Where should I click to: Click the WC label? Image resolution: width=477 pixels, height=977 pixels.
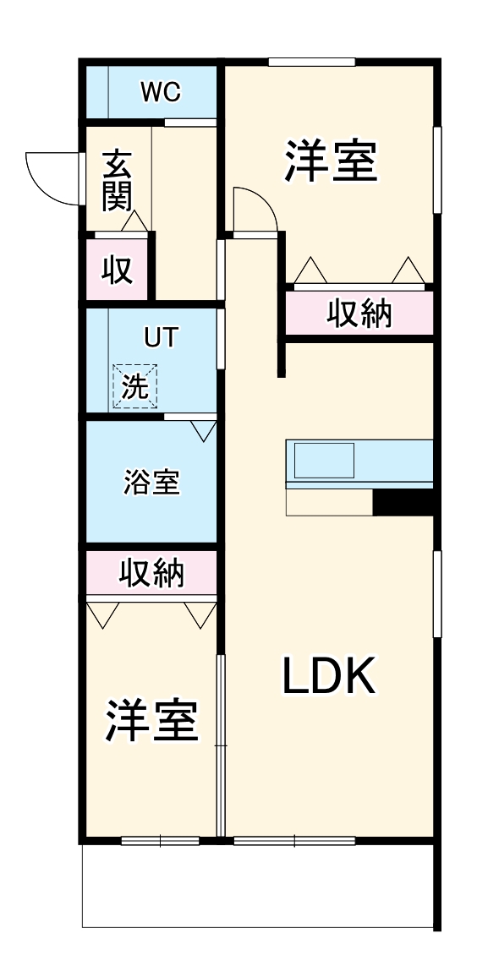pos(160,93)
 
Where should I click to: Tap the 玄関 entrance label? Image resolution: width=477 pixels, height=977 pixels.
pos(115,180)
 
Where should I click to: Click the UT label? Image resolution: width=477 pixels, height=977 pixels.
pos(161,337)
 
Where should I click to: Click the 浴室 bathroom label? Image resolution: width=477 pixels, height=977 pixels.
pos(151,483)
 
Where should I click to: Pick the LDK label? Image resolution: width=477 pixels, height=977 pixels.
pos(328,675)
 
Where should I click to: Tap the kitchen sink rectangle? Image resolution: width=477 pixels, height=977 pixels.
pos(324,461)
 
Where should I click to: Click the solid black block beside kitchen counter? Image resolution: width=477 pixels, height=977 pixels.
pos(403,501)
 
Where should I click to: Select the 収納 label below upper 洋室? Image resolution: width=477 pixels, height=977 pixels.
pos(360,314)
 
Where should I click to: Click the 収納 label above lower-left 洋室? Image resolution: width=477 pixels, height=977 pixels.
pos(151,574)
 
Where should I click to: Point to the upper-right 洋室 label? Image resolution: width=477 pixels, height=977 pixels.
pos(330,162)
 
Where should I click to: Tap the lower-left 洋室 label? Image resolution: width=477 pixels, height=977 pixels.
pos(151,720)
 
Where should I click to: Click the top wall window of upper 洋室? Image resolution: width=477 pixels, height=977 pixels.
pos(311,61)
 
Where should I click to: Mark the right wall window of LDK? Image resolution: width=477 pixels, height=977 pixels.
pos(437,592)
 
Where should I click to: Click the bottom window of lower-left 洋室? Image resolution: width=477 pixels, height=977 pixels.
pos(160,841)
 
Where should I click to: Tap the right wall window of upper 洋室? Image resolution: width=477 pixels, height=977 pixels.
pos(437,170)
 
